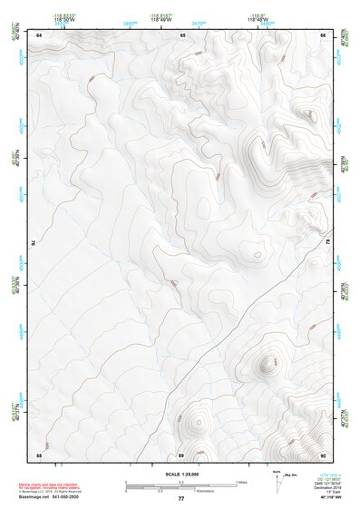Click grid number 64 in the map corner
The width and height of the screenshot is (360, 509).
[x=39, y=34]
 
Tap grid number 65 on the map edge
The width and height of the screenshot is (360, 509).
[x=182, y=34]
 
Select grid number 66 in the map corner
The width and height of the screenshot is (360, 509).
[x=323, y=34]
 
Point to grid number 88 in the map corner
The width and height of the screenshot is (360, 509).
[x=39, y=454]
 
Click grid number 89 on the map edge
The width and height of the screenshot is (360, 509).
[x=181, y=454]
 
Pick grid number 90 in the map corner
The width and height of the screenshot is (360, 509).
[x=323, y=454]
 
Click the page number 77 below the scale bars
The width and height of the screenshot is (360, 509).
[x=181, y=498]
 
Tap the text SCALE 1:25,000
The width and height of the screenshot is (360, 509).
[x=181, y=475]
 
